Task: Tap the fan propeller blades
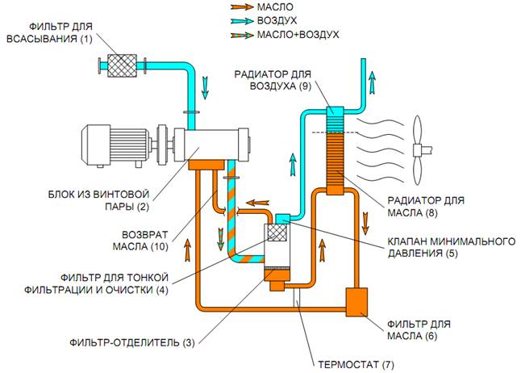point(417,148)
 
